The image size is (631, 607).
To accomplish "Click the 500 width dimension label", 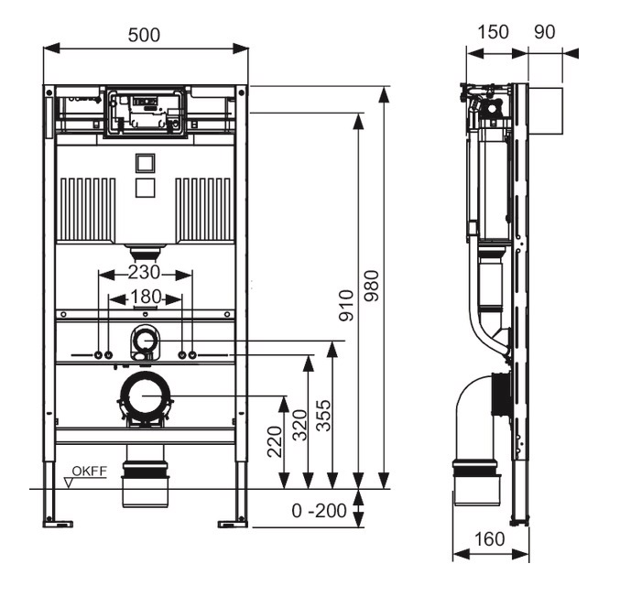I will (145, 35).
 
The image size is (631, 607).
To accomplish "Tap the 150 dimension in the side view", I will (494, 32).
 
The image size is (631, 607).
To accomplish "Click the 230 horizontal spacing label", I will (145, 273).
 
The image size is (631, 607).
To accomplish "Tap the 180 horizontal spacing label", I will (145, 297).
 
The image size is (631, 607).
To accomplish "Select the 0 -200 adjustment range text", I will (320, 511).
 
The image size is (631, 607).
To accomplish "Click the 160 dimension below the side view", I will (490, 539).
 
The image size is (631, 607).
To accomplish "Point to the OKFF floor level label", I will (91, 472).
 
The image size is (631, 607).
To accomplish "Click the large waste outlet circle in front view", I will (145, 396).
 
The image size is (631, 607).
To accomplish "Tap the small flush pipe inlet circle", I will (145, 341).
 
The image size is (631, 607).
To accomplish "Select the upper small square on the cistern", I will (145, 165).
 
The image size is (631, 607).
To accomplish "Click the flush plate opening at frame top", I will (146, 112).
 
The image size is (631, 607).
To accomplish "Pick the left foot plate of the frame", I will (59, 524).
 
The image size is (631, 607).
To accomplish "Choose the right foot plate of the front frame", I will (232, 524).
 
